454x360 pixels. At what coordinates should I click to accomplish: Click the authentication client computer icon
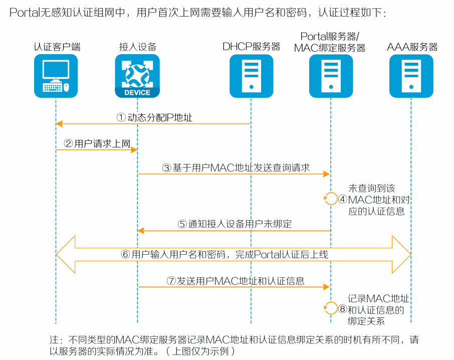[56, 76]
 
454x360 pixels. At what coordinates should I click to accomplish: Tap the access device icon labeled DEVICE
[137, 76]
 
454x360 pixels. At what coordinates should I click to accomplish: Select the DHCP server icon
[251, 76]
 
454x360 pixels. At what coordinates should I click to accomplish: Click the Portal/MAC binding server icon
[330, 76]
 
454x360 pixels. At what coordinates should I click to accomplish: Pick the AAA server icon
[411, 76]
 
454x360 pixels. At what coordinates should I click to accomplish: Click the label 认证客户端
[57, 47]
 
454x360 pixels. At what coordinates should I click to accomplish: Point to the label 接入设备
[137, 47]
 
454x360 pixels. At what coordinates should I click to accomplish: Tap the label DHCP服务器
[251, 47]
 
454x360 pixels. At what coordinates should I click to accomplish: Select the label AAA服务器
[412, 47]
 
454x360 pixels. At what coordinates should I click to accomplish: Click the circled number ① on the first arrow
[121, 117]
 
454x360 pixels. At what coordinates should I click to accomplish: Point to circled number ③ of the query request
[167, 168]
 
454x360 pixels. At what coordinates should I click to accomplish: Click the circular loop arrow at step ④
[331, 199]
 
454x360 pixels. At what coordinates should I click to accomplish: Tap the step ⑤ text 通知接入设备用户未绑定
[240, 225]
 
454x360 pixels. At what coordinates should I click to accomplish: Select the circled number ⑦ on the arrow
[171, 281]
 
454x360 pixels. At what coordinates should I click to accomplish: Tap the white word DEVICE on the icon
[137, 92]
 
